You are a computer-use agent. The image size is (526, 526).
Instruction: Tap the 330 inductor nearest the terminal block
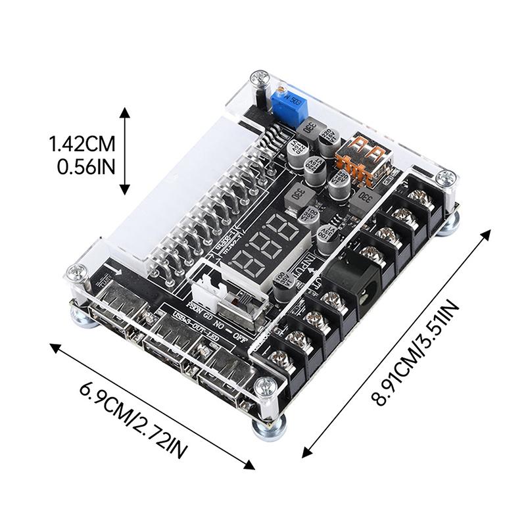tap(366, 199)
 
